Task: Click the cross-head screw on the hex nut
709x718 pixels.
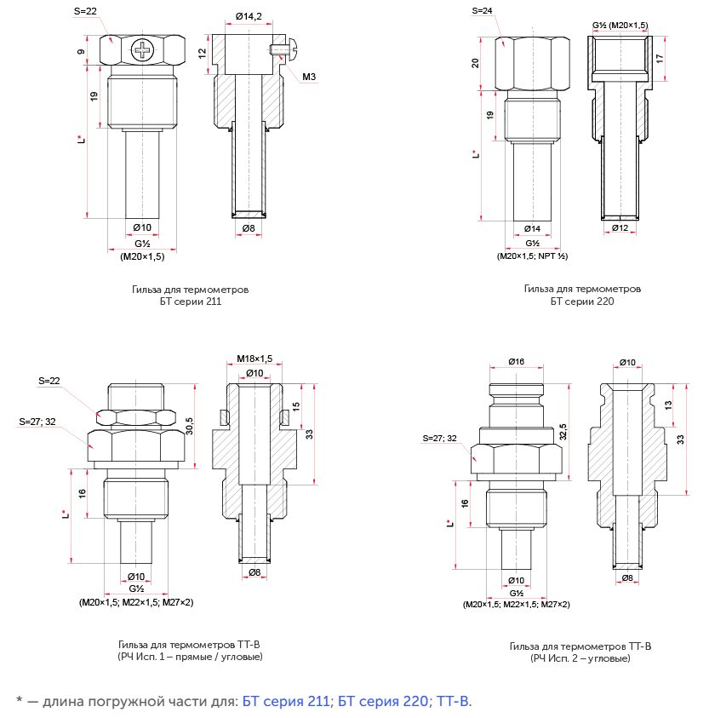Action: [143, 50]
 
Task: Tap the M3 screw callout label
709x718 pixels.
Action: [309, 77]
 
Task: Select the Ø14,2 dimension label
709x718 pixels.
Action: [249, 16]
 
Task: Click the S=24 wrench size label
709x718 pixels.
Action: [482, 10]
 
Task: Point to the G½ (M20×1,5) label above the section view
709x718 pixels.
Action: [620, 26]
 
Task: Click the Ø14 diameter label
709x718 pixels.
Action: [532, 228]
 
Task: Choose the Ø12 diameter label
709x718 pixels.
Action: [620, 227]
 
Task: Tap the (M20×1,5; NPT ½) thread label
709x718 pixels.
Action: [532, 256]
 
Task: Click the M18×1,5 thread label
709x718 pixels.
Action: [254, 359]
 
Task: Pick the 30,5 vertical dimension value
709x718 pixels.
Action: [190, 426]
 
